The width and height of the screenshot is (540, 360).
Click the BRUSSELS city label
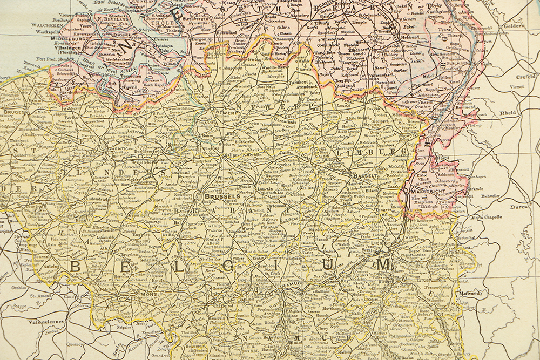tap(221, 196)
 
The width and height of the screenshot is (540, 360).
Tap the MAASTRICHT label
tap(427, 192)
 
